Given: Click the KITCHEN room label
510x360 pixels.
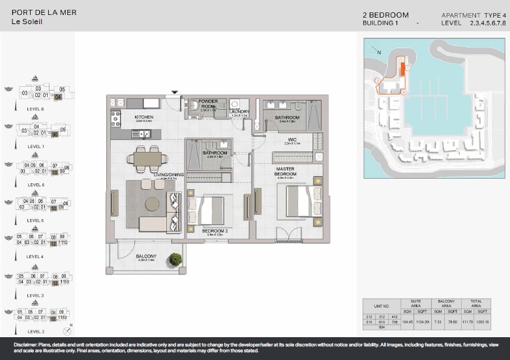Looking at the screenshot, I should [143, 117].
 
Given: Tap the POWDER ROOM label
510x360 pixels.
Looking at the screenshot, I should [208, 104].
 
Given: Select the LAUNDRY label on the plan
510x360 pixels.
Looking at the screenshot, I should [240, 112].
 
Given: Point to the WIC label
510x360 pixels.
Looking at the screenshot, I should [293, 139].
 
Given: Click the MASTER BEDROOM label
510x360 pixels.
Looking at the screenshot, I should [285, 172].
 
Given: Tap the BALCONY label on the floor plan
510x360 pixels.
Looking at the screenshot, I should [147, 256].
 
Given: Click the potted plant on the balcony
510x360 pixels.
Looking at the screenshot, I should [175, 259].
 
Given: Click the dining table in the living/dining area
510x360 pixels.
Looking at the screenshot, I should [147, 157].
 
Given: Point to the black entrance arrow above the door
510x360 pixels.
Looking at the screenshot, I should [174, 93].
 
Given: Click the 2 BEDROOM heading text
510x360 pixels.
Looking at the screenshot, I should [385, 15].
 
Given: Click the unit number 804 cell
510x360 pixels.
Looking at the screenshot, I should [382, 327].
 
